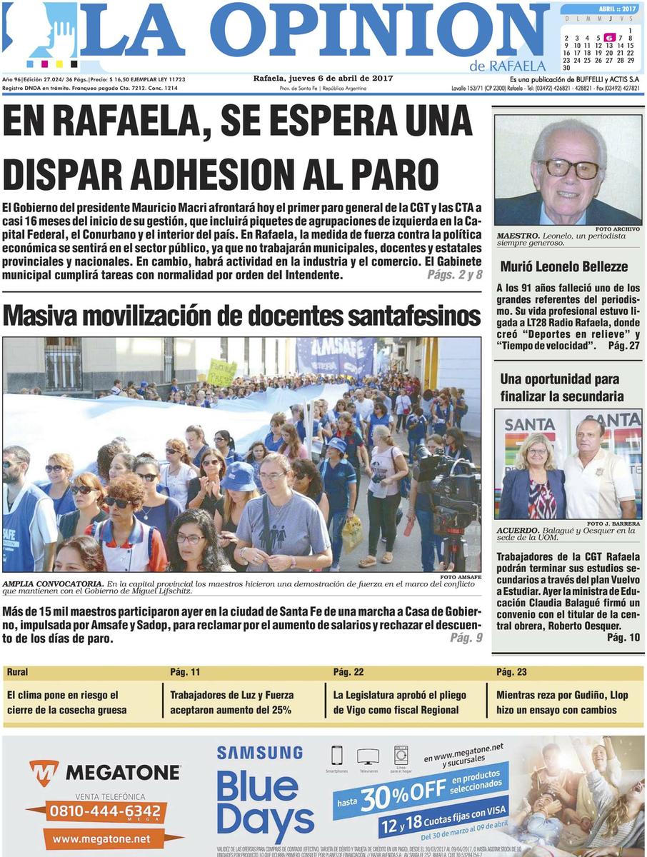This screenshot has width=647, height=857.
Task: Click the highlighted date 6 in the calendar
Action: (x=609, y=38)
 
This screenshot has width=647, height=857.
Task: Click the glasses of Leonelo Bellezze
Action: (x=568, y=169)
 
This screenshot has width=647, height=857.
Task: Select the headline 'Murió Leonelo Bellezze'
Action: (x=554, y=267)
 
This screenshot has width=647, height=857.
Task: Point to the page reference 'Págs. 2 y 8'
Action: (x=454, y=275)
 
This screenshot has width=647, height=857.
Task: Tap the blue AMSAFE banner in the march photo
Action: (x=335, y=355)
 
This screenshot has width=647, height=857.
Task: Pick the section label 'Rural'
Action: (x=18, y=672)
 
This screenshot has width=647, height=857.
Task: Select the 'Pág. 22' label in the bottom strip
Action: (x=348, y=672)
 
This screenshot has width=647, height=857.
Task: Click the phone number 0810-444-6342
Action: (x=104, y=811)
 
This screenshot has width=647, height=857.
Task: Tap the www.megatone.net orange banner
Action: (x=101, y=838)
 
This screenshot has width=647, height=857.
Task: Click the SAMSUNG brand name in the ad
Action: (x=260, y=753)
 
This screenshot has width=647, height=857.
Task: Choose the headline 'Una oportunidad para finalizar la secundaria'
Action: (x=559, y=387)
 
